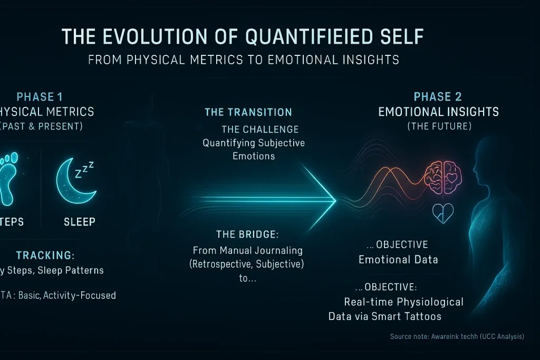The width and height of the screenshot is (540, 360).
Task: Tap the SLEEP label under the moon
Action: pyautogui.click(x=80, y=221)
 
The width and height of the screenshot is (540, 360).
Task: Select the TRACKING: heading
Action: pyautogui.click(x=45, y=256)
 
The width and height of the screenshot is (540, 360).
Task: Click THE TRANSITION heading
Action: pyautogui.click(x=248, y=112)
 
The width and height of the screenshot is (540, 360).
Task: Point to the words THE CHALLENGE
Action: pyautogui.click(x=260, y=129)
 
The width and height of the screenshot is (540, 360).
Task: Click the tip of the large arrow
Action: pyautogui.click(x=335, y=200)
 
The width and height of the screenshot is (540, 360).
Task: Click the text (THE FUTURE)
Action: pyautogui.click(x=439, y=127)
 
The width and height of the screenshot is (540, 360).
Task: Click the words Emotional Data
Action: pyautogui.click(x=398, y=259)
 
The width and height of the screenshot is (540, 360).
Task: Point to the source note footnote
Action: pyautogui.click(x=457, y=336)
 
